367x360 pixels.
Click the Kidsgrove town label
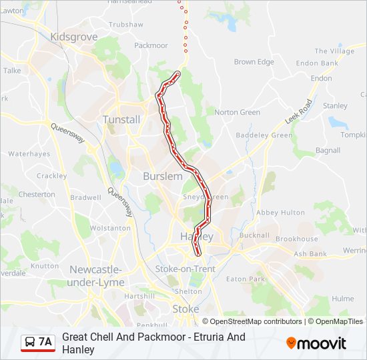click(x=73, y=37)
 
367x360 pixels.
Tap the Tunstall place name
click(x=121, y=119)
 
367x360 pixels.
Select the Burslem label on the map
click(x=162, y=176)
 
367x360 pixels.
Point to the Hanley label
click(x=197, y=237)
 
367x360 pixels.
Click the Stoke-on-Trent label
click(x=185, y=269)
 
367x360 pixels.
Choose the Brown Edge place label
click(x=254, y=62)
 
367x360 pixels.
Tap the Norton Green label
click(x=237, y=112)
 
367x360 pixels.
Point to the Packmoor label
click(x=151, y=45)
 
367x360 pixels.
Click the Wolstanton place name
click(x=110, y=228)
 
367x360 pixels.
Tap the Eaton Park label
click(x=246, y=279)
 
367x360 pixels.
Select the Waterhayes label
click(x=29, y=153)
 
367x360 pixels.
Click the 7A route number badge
click(x=45, y=342)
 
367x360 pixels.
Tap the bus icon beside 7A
click(x=30, y=342)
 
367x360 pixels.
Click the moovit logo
click(x=316, y=343)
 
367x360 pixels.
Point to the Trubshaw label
click(x=125, y=24)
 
